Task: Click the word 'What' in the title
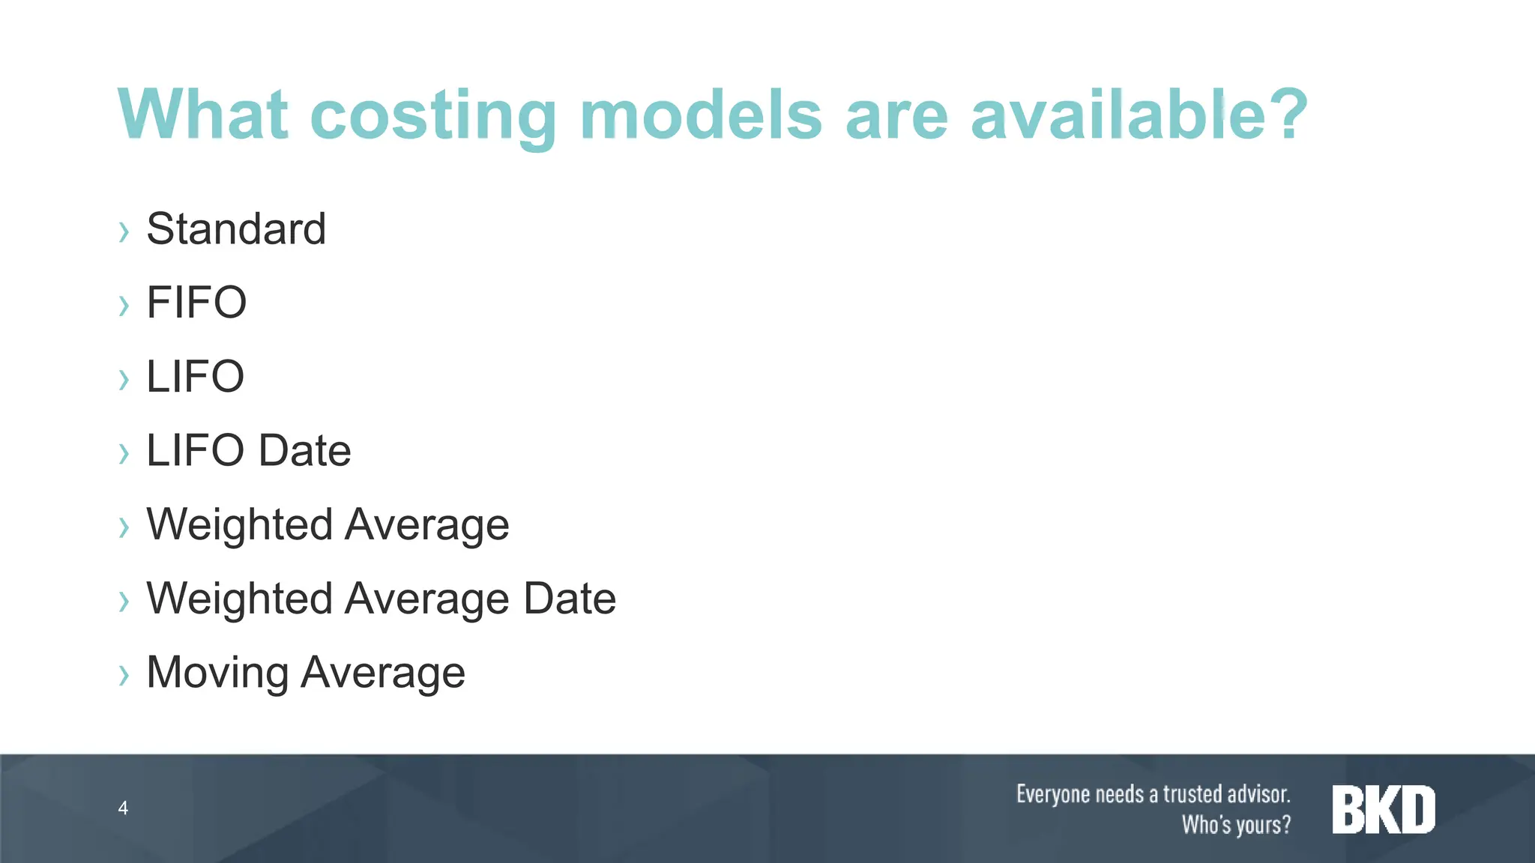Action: pyautogui.click(x=202, y=114)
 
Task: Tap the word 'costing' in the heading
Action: pyautogui.click(x=432, y=116)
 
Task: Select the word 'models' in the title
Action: pyautogui.click(x=701, y=114)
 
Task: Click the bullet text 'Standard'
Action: pyautogui.click(x=236, y=228)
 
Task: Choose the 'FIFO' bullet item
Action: pyautogui.click(x=196, y=303)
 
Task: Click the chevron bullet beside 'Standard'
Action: pyautogui.click(x=124, y=231)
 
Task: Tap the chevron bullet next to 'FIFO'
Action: pyautogui.click(x=124, y=306)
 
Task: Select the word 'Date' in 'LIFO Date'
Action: pyautogui.click(x=305, y=450)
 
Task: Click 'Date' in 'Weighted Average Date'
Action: pyautogui.click(x=570, y=599)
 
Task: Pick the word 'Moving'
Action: pyautogui.click(x=217, y=673)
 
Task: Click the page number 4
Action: pyautogui.click(x=123, y=808)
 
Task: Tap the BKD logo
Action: pyautogui.click(x=1384, y=809)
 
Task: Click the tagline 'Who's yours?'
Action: pyautogui.click(x=1236, y=825)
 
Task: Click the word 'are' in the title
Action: pyautogui.click(x=896, y=116)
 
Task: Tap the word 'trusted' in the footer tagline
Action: pyautogui.click(x=1192, y=793)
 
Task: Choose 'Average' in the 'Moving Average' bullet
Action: pyautogui.click(x=383, y=673)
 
